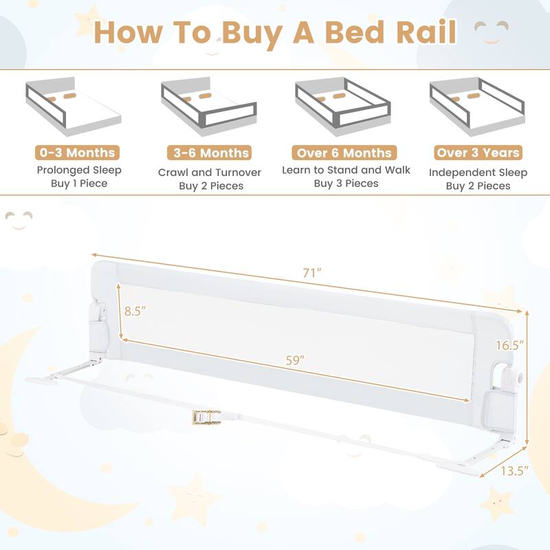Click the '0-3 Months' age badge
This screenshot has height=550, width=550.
click(x=76, y=153)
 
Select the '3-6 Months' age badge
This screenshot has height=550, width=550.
click(x=209, y=153)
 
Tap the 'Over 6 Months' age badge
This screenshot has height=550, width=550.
click(x=344, y=153)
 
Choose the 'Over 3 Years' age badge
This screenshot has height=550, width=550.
click(x=478, y=153)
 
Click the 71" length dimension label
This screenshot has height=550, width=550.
click(x=313, y=273)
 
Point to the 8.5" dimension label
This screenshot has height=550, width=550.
click(x=136, y=311)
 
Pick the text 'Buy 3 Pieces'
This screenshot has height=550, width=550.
click(x=346, y=184)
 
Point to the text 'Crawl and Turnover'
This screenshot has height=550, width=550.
click(x=209, y=172)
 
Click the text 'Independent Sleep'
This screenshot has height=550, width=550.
click(x=478, y=172)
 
